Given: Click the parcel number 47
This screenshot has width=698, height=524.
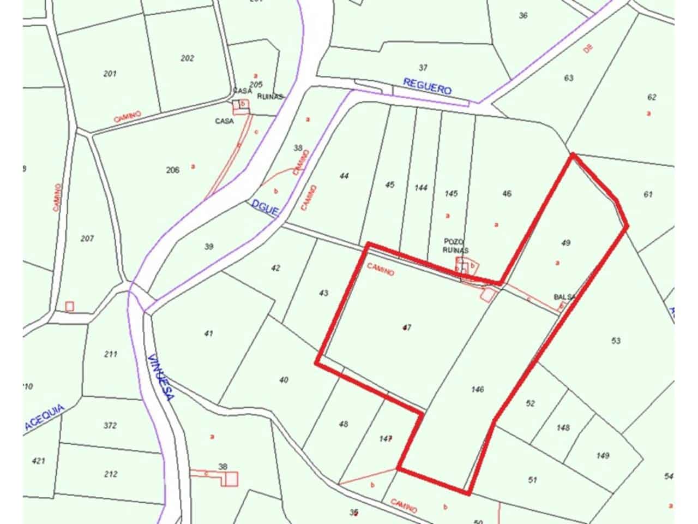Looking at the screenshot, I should point(406,327).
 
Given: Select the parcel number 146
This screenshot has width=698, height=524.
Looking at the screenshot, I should point(478,389).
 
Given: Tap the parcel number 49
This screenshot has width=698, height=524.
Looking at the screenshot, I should point(565,243).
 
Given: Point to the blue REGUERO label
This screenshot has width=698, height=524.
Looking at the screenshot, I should point(428,86).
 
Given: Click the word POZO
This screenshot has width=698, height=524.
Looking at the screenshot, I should point(454,241).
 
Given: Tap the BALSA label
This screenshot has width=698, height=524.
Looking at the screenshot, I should point(564,297).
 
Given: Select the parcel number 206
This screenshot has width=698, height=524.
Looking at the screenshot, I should point(172,170).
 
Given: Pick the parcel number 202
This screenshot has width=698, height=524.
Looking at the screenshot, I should point(187,58).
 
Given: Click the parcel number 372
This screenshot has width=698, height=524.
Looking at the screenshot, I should point(110,425).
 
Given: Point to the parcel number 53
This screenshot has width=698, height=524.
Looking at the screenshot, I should point(616,341).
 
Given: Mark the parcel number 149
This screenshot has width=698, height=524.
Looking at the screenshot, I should point(603,456).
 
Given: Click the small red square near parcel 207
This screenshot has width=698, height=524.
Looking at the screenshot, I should point(69,307).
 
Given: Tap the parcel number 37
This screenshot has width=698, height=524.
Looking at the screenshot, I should point(423,68).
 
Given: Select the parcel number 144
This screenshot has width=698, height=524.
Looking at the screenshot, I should point(421,188).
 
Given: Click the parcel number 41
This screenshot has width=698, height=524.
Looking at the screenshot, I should point(208,334).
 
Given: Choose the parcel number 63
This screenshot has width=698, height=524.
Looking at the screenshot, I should point(569,78).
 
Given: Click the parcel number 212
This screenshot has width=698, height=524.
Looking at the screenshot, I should point(111,474).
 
